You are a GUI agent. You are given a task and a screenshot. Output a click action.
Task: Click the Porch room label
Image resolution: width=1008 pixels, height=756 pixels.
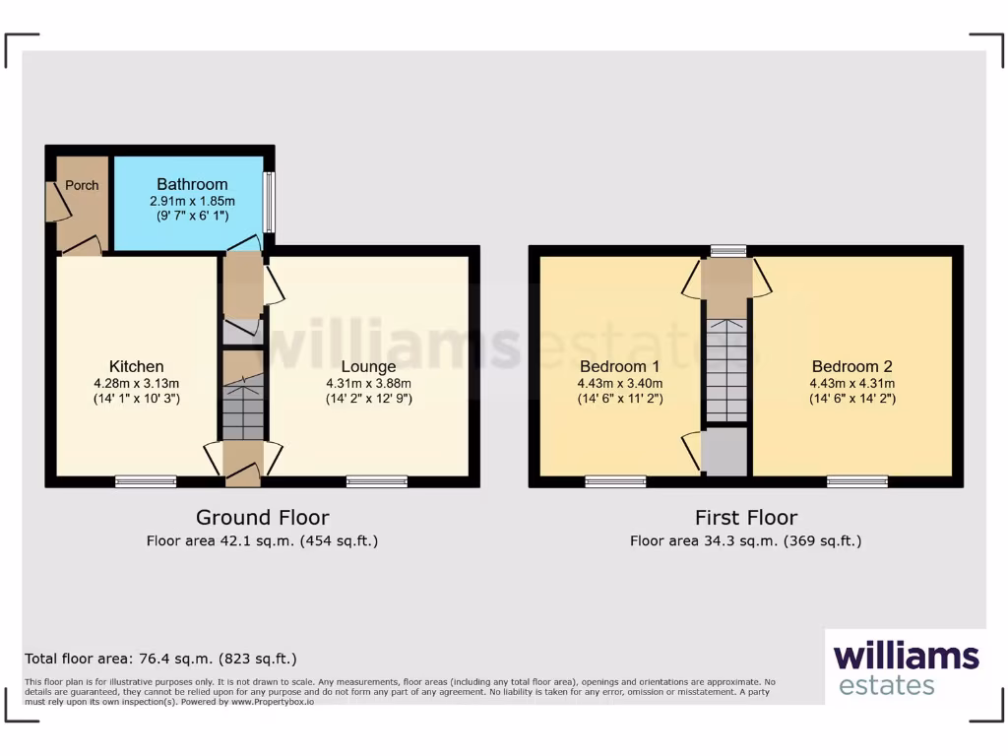click(x=82, y=185)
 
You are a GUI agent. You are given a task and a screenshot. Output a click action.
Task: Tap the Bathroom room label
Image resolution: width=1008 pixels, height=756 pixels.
click(x=192, y=184)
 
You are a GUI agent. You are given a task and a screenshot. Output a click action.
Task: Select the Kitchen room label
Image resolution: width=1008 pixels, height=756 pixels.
click(x=136, y=366)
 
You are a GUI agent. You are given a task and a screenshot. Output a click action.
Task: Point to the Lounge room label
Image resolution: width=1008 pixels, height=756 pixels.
click(x=368, y=367)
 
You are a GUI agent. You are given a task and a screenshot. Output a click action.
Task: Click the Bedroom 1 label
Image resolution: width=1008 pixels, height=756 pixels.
click(x=620, y=366)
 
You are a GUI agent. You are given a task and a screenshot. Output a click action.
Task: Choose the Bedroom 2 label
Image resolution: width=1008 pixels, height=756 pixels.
click(x=851, y=366)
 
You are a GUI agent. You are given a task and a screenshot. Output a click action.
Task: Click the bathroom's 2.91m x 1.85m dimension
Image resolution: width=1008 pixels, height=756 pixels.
click(x=192, y=201)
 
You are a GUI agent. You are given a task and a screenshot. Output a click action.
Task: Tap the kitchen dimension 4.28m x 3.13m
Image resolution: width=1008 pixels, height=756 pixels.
click(x=136, y=384)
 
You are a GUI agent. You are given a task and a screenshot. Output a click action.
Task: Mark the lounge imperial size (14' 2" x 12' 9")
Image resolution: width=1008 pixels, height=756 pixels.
click(x=368, y=399)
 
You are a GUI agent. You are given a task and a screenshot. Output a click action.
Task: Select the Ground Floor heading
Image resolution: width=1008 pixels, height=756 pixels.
click(x=262, y=518)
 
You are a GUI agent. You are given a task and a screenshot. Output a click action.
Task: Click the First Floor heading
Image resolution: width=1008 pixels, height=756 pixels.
click(x=746, y=518)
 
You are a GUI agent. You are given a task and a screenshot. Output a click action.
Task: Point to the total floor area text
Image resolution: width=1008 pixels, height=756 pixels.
click(x=160, y=659)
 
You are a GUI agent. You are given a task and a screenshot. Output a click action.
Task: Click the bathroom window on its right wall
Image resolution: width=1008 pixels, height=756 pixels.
click(x=270, y=202)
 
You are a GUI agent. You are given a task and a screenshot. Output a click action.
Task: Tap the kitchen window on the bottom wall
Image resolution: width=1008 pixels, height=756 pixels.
click(x=146, y=481)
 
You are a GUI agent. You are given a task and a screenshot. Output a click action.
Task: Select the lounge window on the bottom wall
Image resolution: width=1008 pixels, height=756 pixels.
click(x=377, y=481)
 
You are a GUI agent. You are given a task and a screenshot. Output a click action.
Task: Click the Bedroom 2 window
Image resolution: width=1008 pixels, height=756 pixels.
click(x=857, y=481)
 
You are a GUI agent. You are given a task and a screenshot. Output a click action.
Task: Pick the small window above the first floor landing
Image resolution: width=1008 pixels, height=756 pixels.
click(x=728, y=251)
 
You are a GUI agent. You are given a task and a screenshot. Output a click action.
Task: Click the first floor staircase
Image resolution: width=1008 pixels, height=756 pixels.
click(x=727, y=370)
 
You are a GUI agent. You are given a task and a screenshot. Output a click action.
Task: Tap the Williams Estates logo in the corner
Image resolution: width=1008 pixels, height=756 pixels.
click(x=906, y=667)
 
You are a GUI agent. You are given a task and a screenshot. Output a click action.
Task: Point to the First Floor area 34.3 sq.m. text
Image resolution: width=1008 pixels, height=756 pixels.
click(x=746, y=541)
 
